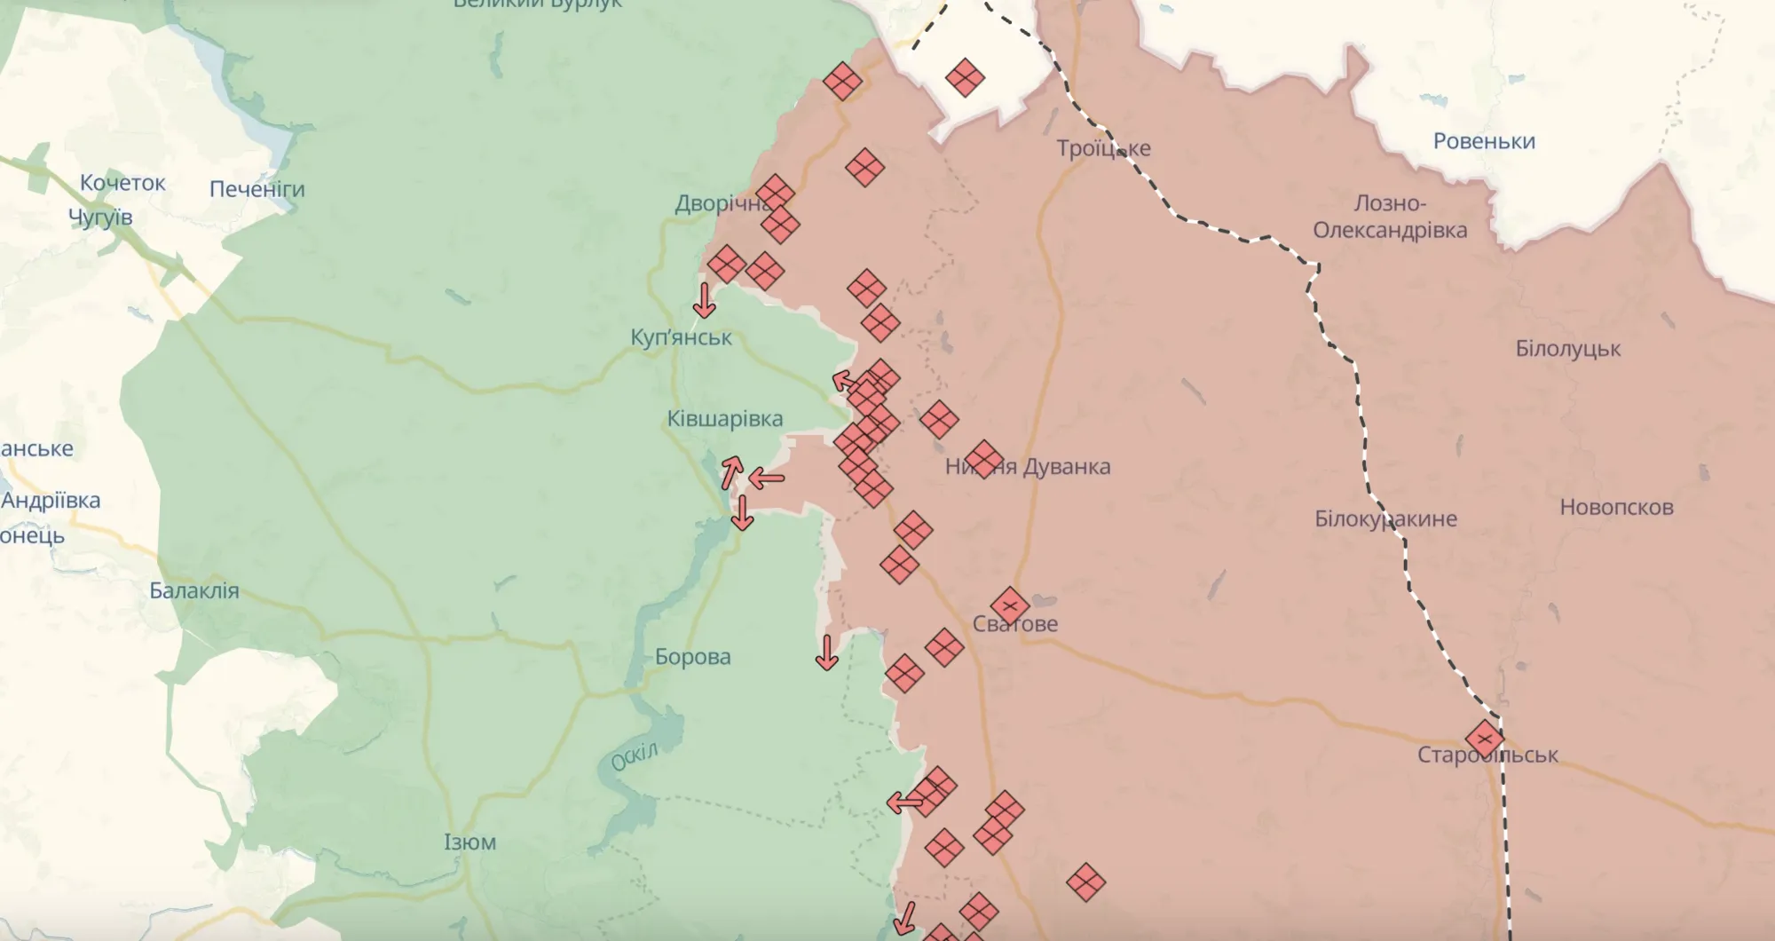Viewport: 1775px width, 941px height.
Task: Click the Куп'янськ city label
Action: [681, 337]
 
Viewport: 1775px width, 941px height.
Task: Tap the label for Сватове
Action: [1015, 624]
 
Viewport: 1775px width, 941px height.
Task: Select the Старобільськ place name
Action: [1487, 755]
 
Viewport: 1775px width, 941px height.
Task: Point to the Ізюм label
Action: [469, 842]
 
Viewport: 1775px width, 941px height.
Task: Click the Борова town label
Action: [693, 657]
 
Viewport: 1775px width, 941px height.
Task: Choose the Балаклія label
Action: [194, 590]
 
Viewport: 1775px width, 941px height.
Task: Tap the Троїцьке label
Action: [1103, 148]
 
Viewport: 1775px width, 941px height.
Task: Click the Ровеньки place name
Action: [1484, 141]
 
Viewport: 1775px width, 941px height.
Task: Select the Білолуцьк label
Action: [1567, 349]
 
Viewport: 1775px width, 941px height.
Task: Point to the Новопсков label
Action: [1616, 508]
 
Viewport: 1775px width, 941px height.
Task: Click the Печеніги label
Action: [256, 189]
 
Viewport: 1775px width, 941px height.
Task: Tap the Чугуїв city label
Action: [100, 217]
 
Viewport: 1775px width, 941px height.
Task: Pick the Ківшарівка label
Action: [725, 419]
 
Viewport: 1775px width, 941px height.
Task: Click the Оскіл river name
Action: [635, 756]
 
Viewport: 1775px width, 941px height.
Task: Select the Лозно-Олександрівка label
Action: [1390, 217]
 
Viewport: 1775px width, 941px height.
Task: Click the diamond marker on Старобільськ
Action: [1485, 739]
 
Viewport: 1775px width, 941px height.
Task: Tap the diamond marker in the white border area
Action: [965, 78]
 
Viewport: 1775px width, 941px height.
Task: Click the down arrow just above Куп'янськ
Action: [705, 301]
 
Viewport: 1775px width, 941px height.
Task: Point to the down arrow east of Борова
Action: [827, 652]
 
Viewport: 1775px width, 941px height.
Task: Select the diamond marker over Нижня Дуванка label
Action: [983, 459]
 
